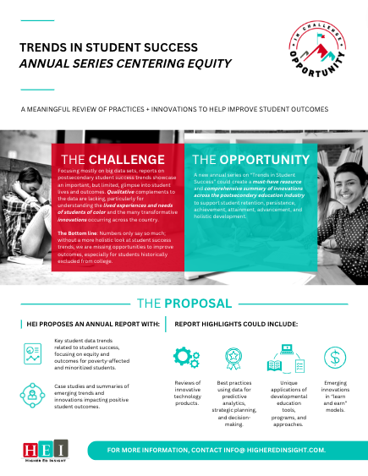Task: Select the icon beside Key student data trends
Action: coord(33,355)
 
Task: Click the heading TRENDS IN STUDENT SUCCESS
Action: coord(110,47)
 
